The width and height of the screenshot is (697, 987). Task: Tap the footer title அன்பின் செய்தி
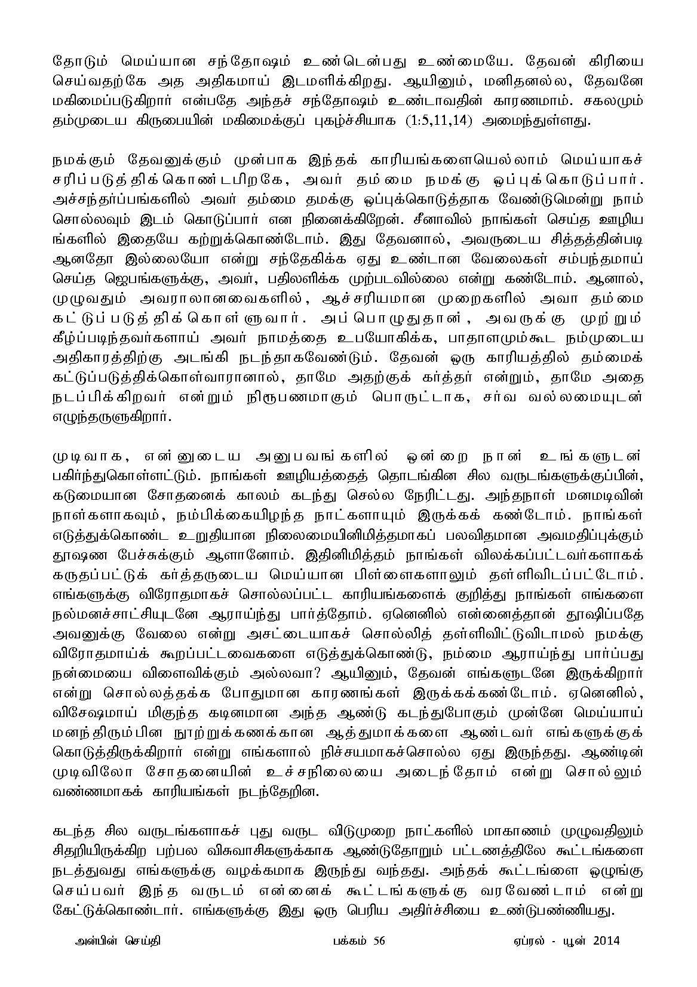point(114,941)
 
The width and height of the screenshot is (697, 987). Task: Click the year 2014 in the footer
point(607,941)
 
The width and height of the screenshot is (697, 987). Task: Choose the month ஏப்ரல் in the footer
point(524,941)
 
